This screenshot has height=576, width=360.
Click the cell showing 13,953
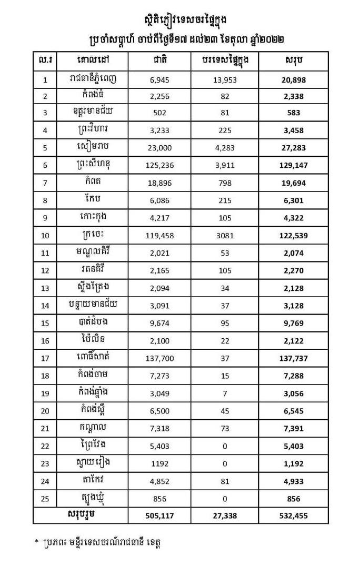click(x=225, y=80)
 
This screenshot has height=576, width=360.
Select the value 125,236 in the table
click(x=159, y=165)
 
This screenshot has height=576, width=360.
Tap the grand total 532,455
click(x=294, y=516)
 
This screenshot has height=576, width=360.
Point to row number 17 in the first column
click(x=45, y=359)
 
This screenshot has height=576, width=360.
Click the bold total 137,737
click(x=294, y=359)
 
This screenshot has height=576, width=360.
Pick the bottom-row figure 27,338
click(x=225, y=516)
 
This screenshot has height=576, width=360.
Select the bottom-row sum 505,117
click(x=159, y=516)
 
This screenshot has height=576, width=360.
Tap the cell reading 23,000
click(x=159, y=148)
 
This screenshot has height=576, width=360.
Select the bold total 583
click(x=294, y=113)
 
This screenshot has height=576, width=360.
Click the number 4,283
click(x=225, y=148)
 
